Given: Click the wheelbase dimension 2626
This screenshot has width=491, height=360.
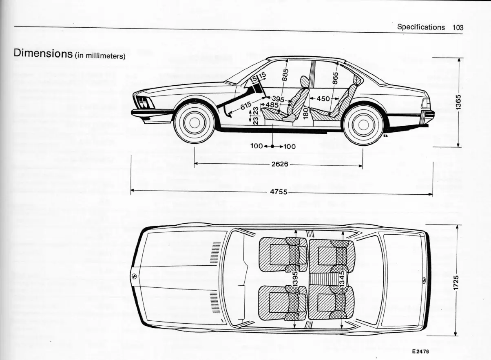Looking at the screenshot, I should pyautogui.click(x=280, y=164).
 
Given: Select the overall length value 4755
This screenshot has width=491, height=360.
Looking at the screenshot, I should pyautogui.click(x=279, y=192).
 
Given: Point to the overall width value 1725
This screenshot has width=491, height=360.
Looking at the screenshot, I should pyautogui.click(x=457, y=282).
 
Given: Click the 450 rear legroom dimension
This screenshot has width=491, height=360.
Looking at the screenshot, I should pyautogui.click(x=323, y=99).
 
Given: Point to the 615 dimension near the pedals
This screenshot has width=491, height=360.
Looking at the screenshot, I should pyautogui.click(x=246, y=106).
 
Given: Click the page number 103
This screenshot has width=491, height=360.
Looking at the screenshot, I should pyautogui.click(x=458, y=27).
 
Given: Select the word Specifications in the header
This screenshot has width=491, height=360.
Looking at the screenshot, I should pyautogui.click(x=421, y=27).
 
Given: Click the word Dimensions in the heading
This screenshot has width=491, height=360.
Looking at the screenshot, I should pyautogui.click(x=43, y=53).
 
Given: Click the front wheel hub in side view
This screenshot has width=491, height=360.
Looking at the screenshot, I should pyautogui.click(x=195, y=123).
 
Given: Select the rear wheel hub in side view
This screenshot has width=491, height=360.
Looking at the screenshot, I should pyautogui.click(x=363, y=125).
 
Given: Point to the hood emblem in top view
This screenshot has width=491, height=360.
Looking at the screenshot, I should pyautogui.click(x=134, y=276).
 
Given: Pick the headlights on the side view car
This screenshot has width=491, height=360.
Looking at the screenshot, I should pyautogui.click(x=144, y=102).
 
